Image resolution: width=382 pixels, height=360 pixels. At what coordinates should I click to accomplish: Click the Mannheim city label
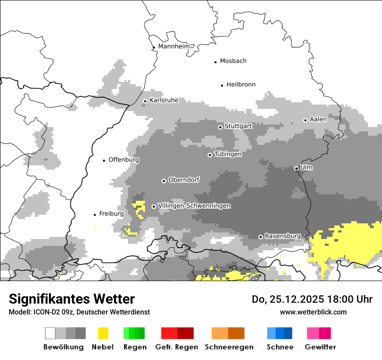(174, 46)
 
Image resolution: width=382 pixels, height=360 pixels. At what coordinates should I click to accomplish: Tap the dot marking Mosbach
(215, 62)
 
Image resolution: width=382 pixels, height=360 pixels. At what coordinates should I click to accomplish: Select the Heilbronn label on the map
(241, 85)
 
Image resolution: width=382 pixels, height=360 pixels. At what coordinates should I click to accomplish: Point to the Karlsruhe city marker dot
(145, 101)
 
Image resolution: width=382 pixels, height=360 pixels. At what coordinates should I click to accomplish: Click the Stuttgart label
(238, 126)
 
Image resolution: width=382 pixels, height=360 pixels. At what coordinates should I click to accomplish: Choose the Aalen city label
(318, 119)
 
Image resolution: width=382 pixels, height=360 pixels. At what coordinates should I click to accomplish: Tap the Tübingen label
(228, 154)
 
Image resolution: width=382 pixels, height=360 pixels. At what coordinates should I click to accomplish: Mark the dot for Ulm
(296, 168)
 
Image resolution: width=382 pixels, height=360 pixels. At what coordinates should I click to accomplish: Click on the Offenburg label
(124, 160)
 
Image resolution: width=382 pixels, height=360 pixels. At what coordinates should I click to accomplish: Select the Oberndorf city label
(184, 180)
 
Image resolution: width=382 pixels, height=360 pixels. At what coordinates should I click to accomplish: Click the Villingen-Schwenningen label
(194, 206)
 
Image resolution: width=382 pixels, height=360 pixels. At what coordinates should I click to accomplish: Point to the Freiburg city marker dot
(95, 215)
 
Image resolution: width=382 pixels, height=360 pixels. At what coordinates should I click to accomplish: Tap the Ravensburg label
(283, 236)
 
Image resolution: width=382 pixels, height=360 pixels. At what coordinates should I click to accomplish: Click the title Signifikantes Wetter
(72, 299)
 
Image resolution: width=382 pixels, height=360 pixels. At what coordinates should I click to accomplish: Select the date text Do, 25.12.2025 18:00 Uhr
(312, 299)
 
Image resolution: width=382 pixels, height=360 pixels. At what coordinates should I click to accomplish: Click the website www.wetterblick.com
(313, 312)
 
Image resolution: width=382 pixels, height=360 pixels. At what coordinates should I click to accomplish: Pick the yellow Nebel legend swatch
(103, 333)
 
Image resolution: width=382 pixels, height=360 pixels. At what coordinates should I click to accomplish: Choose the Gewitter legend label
(320, 347)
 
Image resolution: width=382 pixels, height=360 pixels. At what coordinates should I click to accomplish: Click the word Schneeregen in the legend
(229, 347)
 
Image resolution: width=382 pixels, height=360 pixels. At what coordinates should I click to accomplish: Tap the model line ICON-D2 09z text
(79, 312)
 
